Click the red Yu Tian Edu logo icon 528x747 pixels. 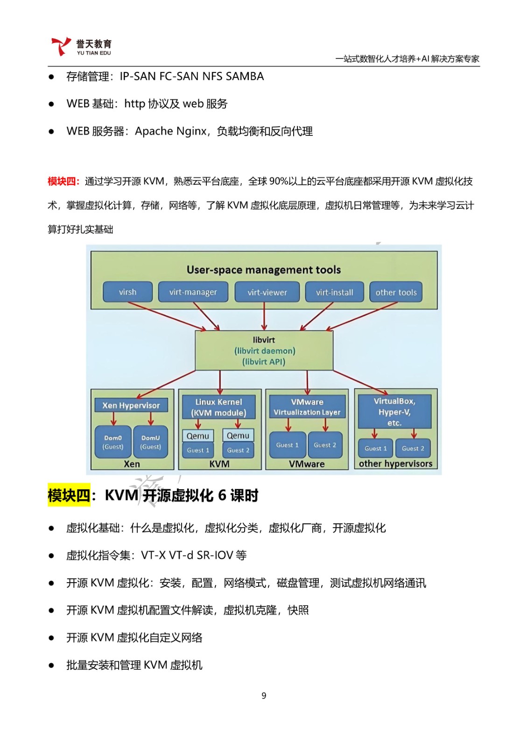[x=61, y=46]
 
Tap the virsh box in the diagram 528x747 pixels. [x=127, y=292]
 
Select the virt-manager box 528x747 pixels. [x=193, y=292]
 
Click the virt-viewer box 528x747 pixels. [x=267, y=292]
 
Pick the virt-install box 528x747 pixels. [x=335, y=292]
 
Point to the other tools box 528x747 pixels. [x=396, y=292]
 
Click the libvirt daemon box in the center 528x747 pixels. [x=264, y=351]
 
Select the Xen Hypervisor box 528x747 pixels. [x=131, y=405]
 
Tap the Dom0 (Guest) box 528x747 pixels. [x=113, y=442]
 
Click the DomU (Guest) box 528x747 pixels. [x=150, y=442]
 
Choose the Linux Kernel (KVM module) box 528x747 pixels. [x=219, y=407]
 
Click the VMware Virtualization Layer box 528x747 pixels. [x=307, y=407]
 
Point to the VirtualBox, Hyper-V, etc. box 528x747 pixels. [x=394, y=411]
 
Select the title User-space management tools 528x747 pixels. [x=263, y=269]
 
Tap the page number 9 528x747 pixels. [x=264, y=695]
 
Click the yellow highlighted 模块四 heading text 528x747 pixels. [x=69, y=495]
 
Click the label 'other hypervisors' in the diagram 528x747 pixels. [x=395, y=464]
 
